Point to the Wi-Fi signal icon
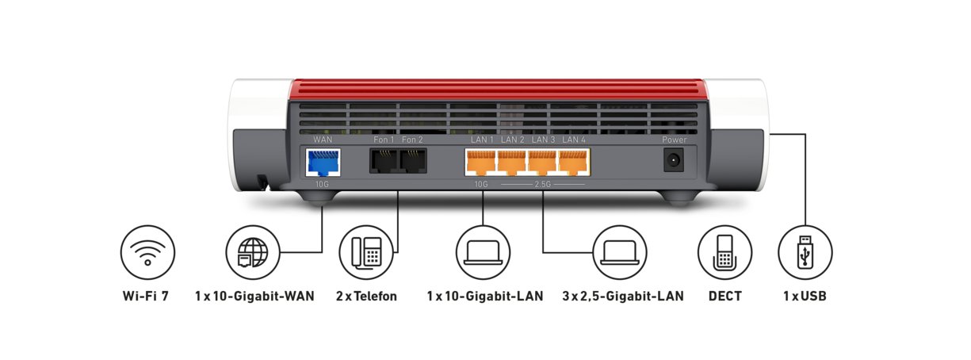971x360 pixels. click(147, 252)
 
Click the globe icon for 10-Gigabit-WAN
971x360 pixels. click(253, 252)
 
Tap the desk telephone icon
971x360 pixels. click(365, 252)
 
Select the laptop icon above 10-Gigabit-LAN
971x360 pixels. click(483, 252)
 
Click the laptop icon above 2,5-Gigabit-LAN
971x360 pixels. click(620, 252)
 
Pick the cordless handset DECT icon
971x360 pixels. click(724, 252)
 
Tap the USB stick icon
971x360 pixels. click(805, 252)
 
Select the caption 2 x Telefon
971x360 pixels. click(365, 297)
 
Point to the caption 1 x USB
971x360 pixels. click(805, 297)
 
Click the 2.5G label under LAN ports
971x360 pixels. click(543, 184)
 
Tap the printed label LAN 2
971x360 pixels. click(512, 140)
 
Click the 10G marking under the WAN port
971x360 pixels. click(322, 184)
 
